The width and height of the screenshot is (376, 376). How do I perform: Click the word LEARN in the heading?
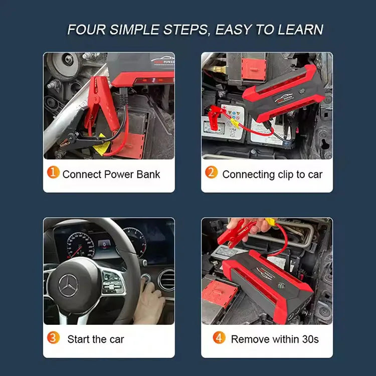pos(301,30)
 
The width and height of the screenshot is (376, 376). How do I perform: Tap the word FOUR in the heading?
pos(86,30)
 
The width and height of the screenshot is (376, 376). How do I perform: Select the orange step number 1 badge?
pos(53,172)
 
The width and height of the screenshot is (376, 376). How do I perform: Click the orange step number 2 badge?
pos(211,172)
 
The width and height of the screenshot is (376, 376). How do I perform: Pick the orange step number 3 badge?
pos(53,337)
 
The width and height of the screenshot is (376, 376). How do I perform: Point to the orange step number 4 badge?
pos(219,337)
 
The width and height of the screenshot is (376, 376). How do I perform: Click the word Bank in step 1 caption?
pos(148,174)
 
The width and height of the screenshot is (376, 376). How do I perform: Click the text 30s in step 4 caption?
pos(310,339)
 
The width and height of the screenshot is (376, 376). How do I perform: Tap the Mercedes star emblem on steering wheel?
pos(68,286)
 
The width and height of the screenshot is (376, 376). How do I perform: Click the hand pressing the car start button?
pos(149,302)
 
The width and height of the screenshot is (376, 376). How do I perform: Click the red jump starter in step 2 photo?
pos(283,94)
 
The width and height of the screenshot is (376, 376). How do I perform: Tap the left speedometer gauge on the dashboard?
pos(80,245)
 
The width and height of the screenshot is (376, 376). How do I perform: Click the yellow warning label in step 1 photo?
pos(101,145)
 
